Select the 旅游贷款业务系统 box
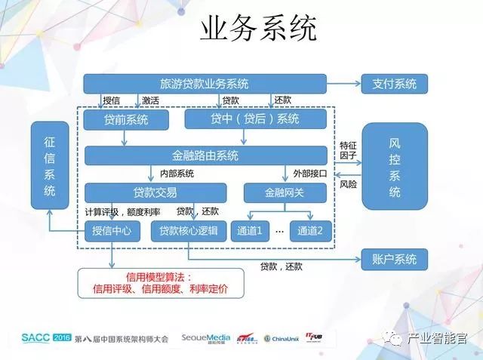(205, 83)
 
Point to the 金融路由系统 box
(205, 155)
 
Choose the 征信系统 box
(49, 165)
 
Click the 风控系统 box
(395, 165)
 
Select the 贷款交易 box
(155, 192)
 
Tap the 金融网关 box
(285, 192)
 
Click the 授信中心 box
(112, 231)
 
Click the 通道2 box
(310, 231)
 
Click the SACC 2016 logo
(45, 338)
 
